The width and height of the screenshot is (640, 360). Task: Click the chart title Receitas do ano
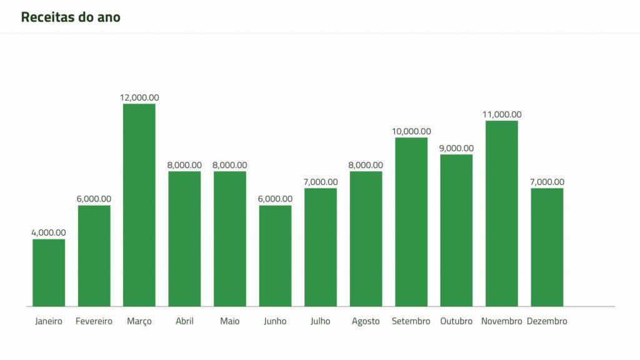click(x=71, y=17)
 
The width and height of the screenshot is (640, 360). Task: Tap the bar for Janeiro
click(x=49, y=272)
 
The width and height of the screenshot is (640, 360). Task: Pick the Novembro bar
click(x=502, y=213)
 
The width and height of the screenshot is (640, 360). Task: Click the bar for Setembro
click(x=411, y=222)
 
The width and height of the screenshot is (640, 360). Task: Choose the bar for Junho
click(x=275, y=256)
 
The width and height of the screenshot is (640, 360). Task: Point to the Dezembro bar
click(x=547, y=247)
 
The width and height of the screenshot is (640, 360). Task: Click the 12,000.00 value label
click(x=139, y=97)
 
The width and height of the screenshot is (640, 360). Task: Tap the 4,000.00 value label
click(x=49, y=232)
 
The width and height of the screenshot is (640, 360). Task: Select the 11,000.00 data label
click(x=502, y=114)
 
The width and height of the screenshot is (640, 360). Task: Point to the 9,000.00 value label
click(x=456, y=148)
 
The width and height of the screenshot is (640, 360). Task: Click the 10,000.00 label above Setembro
click(x=411, y=131)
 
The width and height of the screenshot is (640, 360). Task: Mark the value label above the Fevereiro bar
click(x=94, y=199)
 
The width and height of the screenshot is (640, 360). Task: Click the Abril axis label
click(x=184, y=321)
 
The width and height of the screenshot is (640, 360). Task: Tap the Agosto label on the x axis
click(x=366, y=321)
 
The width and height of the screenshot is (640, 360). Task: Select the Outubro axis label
click(x=456, y=321)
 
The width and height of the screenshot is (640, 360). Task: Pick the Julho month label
click(x=321, y=321)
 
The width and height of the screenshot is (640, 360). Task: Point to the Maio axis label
click(x=229, y=321)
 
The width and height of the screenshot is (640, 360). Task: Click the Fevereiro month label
click(x=94, y=321)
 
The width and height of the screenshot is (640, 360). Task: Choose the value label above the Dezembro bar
click(x=547, y=182)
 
